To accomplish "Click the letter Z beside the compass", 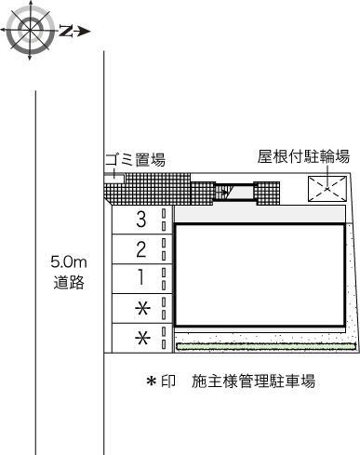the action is tap(66, 31).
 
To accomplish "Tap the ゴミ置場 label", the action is tap(135, 160).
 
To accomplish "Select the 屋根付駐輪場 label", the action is tap(304, 156).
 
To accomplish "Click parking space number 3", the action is tap(140, 221).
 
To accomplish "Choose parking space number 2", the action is tap(140, 248).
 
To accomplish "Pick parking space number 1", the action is tap(140, 276).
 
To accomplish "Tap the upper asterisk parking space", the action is tap(142, 307).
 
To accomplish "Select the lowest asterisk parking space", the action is tap(142, 338).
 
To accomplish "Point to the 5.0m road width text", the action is tap(70, 263).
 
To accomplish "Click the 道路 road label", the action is tap(70, 282).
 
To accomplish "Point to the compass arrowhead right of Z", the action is tap(83, 31).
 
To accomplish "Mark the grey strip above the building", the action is tap(261, 214).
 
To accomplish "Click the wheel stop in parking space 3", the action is tap(165, 221).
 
